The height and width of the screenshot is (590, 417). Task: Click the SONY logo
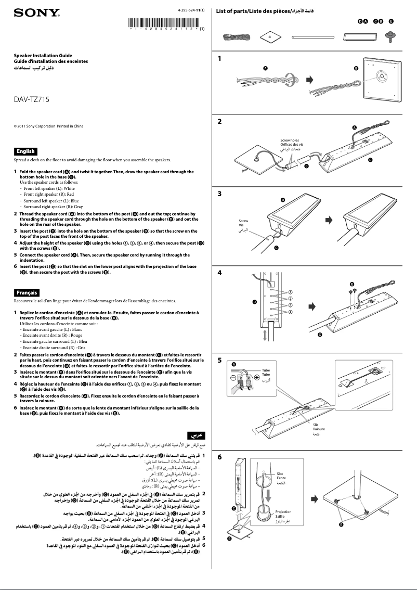point(35,13)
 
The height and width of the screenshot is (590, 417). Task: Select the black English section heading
point(25,151)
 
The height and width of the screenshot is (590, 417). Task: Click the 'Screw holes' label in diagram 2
point(290,140)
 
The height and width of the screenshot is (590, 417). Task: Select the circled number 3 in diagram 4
point(291,305)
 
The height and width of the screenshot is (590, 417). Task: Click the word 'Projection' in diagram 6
point(283,512)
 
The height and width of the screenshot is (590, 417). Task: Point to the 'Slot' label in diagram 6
point(280,474)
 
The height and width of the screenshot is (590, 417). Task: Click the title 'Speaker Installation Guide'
point(43,55)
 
